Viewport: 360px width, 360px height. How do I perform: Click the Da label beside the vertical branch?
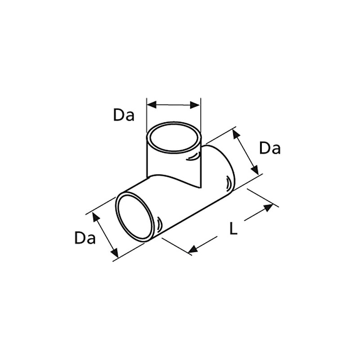point(124,115)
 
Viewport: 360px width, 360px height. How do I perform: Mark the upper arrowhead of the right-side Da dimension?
point(235,133)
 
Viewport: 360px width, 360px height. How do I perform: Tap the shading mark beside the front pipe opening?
point(159,223)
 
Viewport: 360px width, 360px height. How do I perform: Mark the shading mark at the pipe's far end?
point(228,182)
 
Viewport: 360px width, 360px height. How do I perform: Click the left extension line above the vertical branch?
point(147,112)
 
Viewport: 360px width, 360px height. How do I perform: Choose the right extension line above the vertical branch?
point(201,112)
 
